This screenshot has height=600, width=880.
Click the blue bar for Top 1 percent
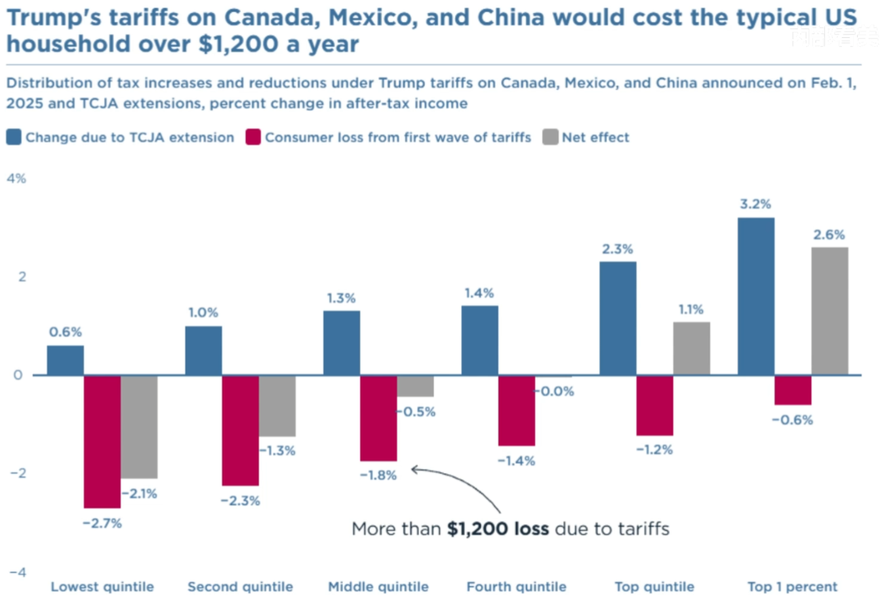(756, 296)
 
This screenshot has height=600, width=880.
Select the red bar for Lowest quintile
(102, 441)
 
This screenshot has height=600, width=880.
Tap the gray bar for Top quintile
(692, 348)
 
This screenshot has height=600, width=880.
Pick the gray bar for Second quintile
(277, 405)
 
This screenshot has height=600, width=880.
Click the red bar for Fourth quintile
(517, 410)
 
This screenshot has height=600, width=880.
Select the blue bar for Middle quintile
(342, 343)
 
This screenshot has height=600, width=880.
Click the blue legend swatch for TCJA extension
(13, 138)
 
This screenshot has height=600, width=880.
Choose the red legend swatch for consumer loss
(253, 138)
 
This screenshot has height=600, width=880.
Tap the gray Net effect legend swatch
(550, 138)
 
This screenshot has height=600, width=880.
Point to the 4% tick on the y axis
(16, 179)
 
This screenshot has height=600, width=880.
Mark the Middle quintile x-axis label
(378, 587)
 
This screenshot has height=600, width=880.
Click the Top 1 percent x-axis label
(793, 587)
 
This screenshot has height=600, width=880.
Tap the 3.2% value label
(756, 205)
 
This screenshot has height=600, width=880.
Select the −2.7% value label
(102, 523)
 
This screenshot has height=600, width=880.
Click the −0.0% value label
(555, 391)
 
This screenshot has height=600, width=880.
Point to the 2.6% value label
(829, 235)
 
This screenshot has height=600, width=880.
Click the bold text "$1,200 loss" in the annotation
(498, 529)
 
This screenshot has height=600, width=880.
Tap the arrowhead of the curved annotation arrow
(413, 468)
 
